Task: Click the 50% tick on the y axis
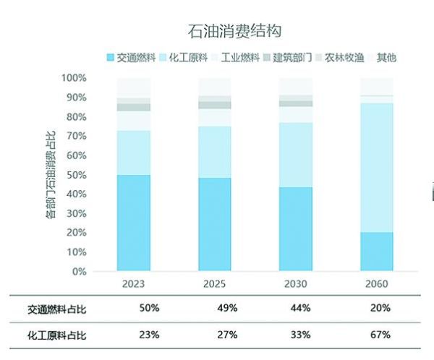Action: click(76, 175)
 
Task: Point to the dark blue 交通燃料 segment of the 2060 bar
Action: click(377, 252)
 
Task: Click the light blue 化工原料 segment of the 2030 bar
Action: click(296, 155)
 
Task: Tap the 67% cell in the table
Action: click(380, 335)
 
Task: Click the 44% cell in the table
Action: click(299, 308)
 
